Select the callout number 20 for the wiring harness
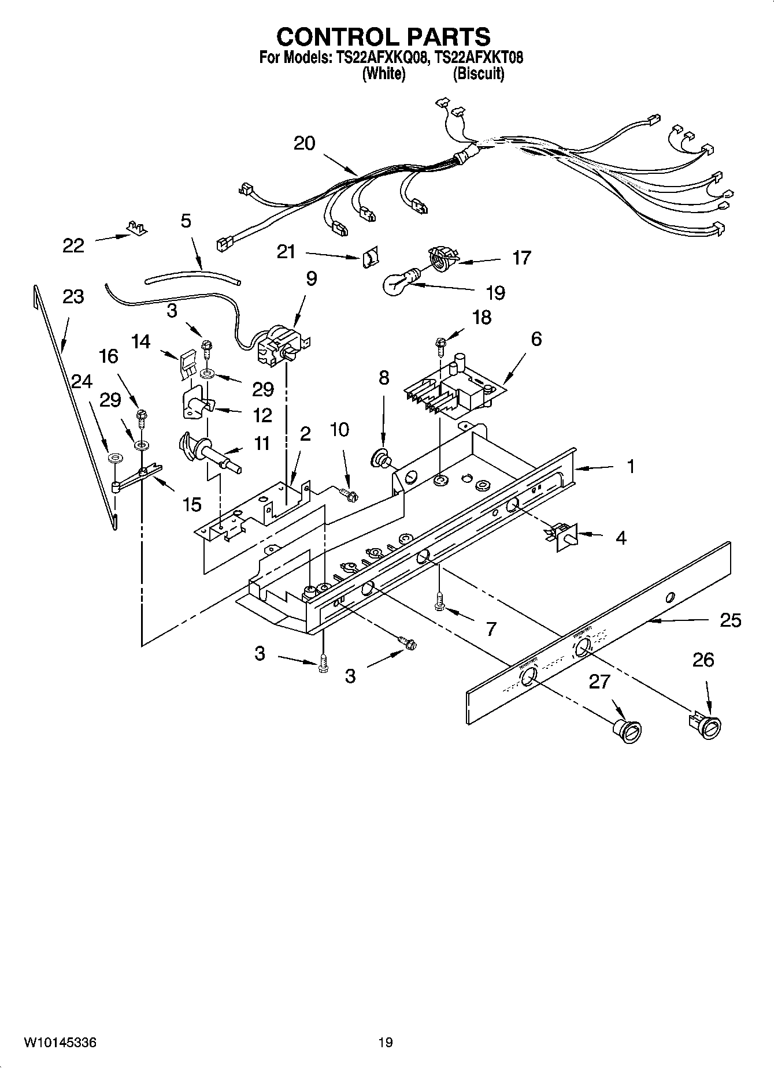[x=305, y=143]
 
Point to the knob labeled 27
[x=627, y=730]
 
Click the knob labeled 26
[x=706, y=725]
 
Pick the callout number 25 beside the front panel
[x=731, y=620]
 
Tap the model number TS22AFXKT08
[x=479, y=58]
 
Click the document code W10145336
[x=60, y=1043]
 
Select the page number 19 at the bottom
[x=386, y=1043]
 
